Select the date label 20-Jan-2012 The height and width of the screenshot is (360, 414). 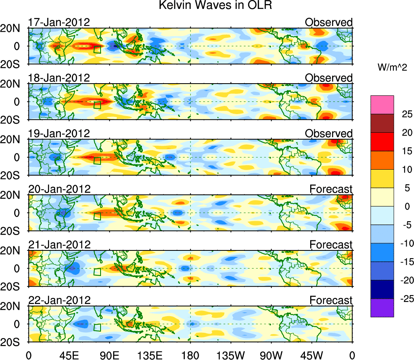[x=59, y=189]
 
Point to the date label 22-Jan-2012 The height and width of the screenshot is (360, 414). [x=59, y=300]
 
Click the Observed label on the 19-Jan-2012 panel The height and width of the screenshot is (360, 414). [x=329, y=134]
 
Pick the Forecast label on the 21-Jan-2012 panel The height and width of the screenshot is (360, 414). [x=331, y=245]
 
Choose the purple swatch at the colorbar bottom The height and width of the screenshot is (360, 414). [x=382, y=308]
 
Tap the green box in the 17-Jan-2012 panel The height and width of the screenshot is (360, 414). [x=97, y=50]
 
